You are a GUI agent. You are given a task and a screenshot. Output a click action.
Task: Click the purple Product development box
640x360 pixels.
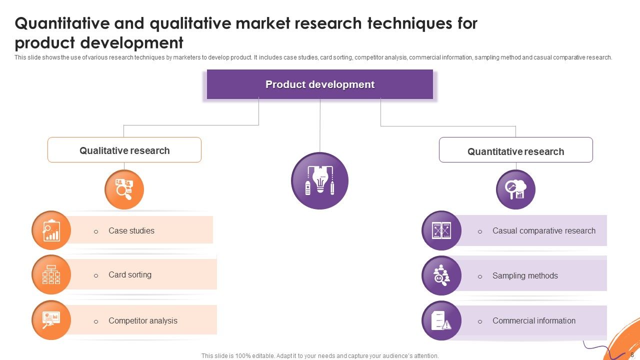pyautogui.click(x=320, y=84)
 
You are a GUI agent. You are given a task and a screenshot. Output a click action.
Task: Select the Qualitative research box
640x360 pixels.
pyautogui.click(x=124, y=150)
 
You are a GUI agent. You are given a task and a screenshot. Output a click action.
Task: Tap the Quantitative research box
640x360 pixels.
pyautogui.click(x=515, y=150)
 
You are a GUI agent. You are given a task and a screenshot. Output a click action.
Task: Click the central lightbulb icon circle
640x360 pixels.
pyautogui.click(x=319, y=180)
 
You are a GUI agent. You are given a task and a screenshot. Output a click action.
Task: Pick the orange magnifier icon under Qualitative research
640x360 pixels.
pyautogui.click(x=124, y=189)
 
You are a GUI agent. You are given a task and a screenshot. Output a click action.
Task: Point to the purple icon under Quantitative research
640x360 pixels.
pyautogui.click(x=515, y=189)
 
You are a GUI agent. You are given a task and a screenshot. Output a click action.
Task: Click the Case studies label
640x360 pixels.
pyautogui.click(x=131, y=230)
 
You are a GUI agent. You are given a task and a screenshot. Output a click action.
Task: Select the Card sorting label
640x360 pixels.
pyautogui.click(x=130, y=274)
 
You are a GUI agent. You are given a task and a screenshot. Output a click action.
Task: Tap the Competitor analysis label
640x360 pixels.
pyautogui.click(x=143, y=320)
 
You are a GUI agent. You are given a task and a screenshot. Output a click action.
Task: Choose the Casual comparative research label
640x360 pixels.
pyautogui.click(x=544, y=230)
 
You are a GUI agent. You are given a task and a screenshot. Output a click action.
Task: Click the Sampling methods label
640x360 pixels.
pyautogui.click(x=525, y=275)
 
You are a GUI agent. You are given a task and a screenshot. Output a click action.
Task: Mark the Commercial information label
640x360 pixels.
pyautogui.click(x=534, y=320)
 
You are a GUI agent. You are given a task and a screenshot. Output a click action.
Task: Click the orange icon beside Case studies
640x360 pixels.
pyautogui.click(x=51, y=230)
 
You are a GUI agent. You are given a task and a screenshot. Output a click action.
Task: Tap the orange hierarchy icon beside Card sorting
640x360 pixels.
pyautogui.click(x=51, y=274)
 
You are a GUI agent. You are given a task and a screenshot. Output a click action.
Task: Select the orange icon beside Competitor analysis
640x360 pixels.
pyautogui.click(x=51, y=320)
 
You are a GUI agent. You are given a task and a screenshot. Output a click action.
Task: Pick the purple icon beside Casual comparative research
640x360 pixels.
pyautogui.click(x=441, y=230)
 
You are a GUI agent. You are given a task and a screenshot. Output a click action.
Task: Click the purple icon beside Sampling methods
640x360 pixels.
pyautogui.click(x=441, y=275)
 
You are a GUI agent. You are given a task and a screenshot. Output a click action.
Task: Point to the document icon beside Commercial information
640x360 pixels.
pyautogui.click(x=441, y=320)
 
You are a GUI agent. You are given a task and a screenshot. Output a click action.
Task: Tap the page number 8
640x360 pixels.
pyautogui.click(x=632, y=354)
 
